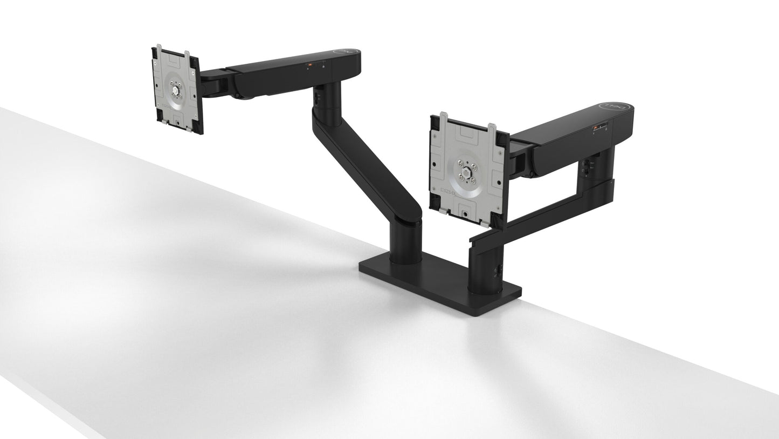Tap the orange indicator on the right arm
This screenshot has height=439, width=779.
(595, 128)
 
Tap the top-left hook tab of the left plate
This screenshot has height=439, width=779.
(158, 50)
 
